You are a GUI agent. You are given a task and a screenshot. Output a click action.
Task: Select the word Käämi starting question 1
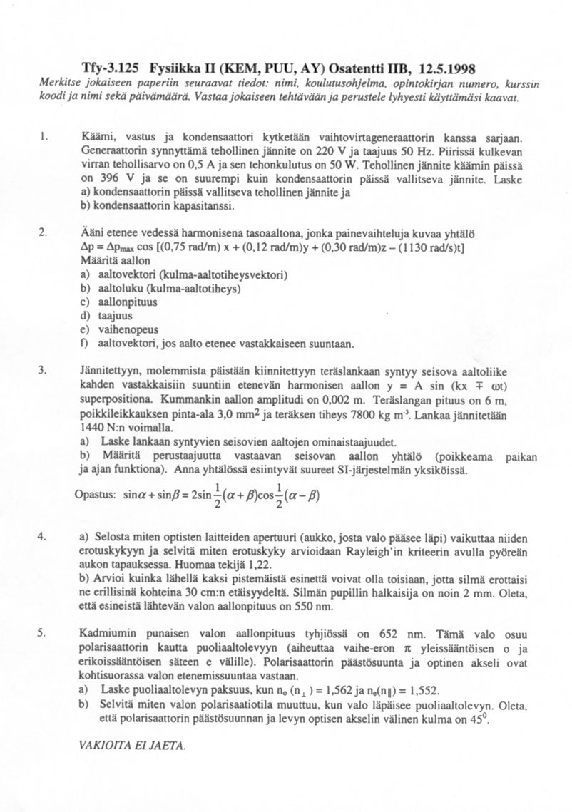(x=96, y=136)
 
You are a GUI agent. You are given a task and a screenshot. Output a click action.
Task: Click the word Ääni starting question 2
(x=93, y=233)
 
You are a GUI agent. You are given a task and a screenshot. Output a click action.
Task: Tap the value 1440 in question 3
(x=93, y=428)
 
